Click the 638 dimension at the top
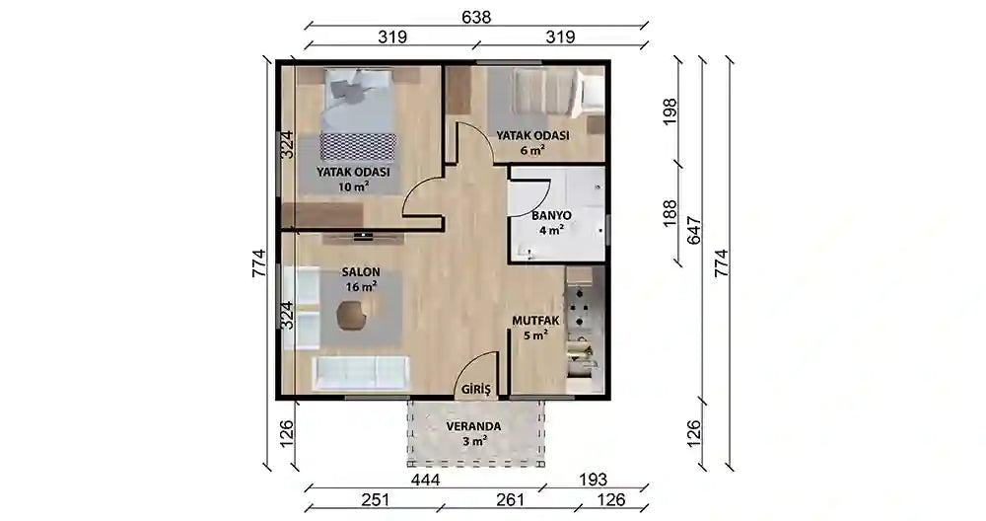click(476, 17)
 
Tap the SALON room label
click(361, 272)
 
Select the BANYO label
click(551, 215)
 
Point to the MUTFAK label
click(535, 321)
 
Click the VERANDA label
click(473, 426)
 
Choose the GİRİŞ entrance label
click(475, 390)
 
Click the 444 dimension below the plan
click(426, 480)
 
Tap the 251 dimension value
click(376, 499)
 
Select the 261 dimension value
click(510, 499)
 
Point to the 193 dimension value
click(593, 480)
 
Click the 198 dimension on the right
click(670, 112)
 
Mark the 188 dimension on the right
click(670, 213)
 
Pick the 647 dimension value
click(693, 231)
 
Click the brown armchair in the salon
click(351, 315)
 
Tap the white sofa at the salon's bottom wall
click(361, 373)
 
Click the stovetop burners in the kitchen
click(579, 308)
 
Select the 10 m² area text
click(353, 186)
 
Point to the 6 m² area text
click(532, 150)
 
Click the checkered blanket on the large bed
click(359, 147)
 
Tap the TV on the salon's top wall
click(363, 237)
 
